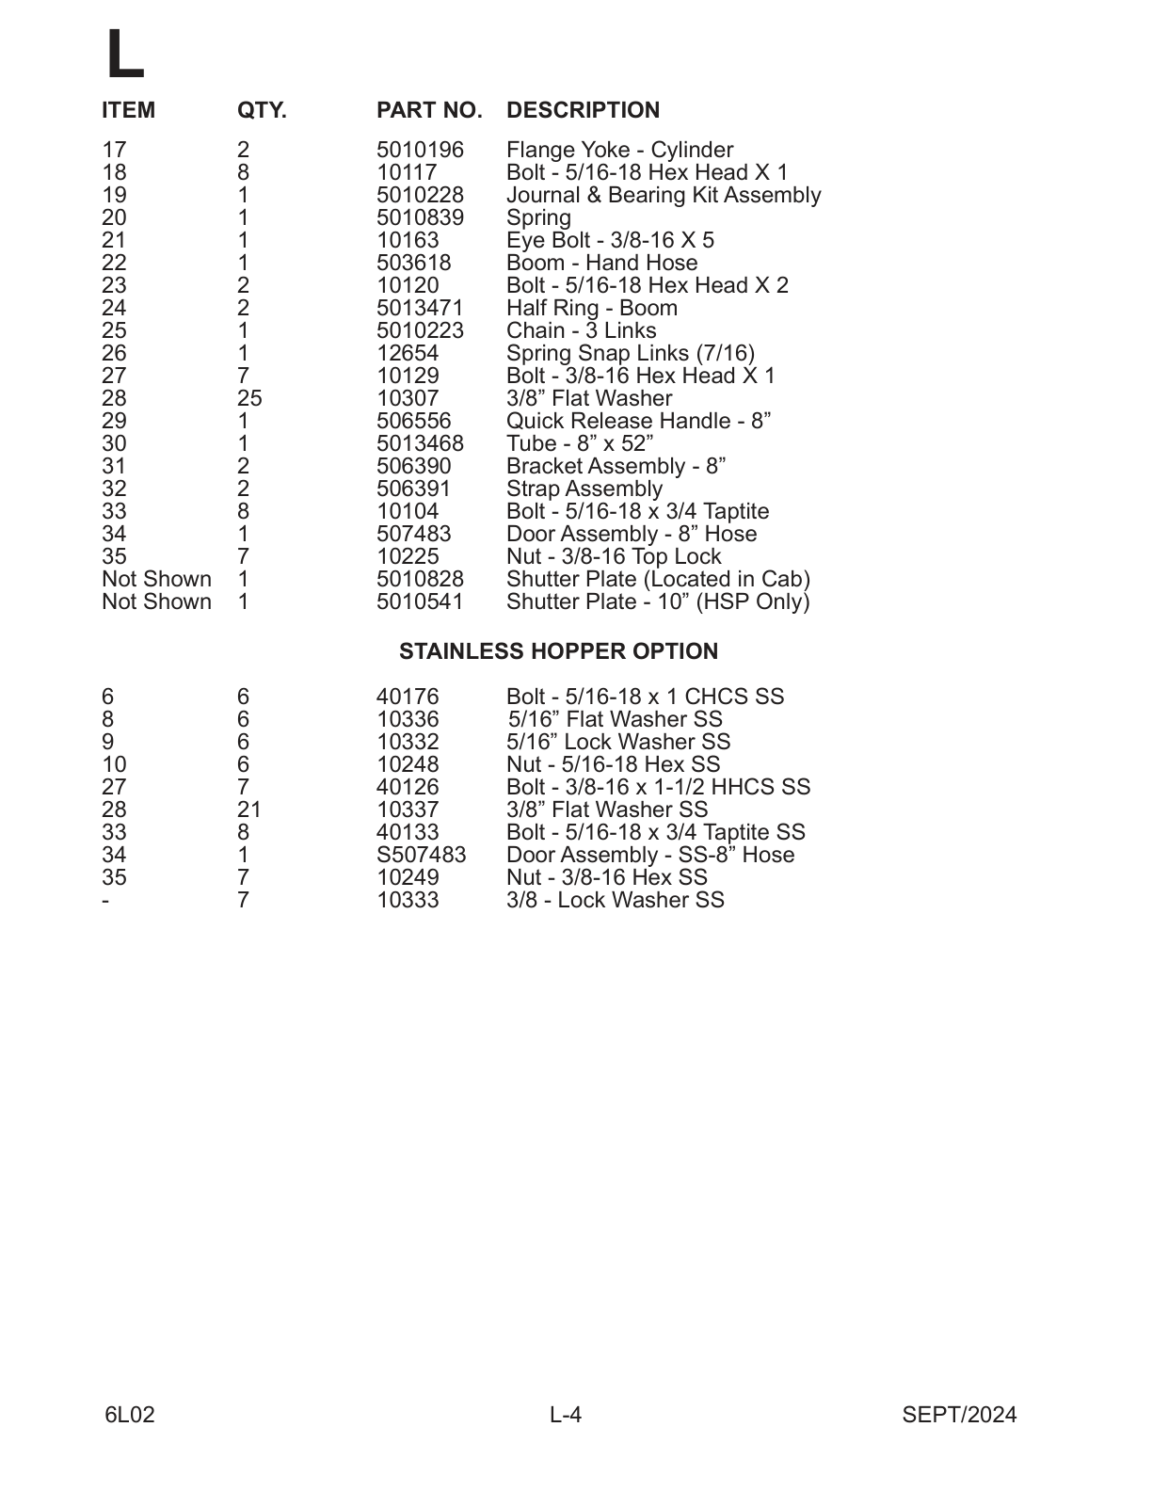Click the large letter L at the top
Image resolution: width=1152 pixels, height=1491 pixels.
point(123,54)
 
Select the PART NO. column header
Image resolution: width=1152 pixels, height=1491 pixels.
point(429,110)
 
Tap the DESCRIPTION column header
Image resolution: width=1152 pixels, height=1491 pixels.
point(583,110)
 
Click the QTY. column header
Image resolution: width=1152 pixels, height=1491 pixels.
point(261,110)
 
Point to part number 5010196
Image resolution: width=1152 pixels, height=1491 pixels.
point(420,150)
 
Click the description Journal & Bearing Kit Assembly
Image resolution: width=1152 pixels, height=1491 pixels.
point(663,195)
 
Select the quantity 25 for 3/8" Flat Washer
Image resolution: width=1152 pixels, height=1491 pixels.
point(248,398)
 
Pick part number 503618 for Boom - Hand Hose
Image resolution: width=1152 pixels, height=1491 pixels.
point(413,263)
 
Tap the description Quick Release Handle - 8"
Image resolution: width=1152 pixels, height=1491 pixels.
point(638,421)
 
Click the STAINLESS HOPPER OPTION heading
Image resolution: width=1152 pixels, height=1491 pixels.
point(558,651)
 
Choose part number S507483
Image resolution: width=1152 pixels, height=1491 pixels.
point(421,855)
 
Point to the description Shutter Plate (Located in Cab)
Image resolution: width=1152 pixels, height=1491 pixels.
point(658,579)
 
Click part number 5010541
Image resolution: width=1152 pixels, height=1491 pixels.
point(420,601)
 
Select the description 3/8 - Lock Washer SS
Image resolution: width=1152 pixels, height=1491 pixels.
point(615,900)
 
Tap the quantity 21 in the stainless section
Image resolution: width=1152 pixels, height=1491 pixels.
point(248,810)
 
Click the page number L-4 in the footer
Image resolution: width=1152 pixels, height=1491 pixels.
point(566,1415)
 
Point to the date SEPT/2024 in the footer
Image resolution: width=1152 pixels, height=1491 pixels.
point(959,1415)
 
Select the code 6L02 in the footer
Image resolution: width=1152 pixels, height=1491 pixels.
point(130,1415)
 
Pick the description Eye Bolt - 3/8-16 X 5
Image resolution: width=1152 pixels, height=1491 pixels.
point(610,240)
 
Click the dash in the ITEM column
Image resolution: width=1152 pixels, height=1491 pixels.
point(105,900)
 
